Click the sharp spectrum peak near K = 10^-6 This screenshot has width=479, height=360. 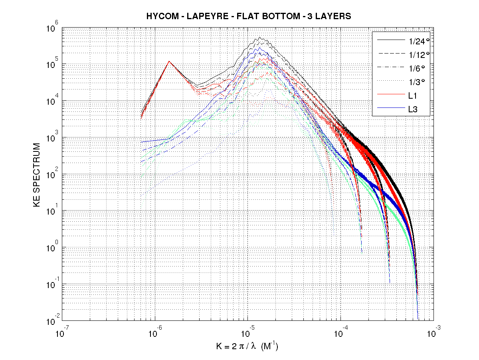click(x=169, y=61)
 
